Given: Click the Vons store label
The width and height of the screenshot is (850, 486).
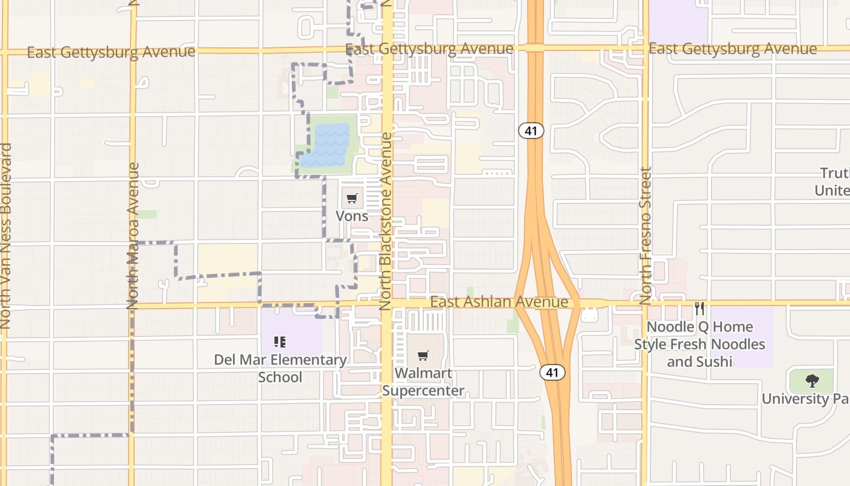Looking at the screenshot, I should [352, 216].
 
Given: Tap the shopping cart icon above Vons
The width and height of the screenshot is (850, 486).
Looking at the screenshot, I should [352, 198].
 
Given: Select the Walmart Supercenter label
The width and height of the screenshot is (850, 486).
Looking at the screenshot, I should [423, 382].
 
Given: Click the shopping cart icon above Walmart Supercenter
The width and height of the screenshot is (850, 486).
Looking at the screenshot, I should [423, 355].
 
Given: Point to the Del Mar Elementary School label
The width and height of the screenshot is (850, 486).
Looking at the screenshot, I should [280, 368].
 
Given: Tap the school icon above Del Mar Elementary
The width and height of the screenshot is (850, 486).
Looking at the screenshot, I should [280, 342].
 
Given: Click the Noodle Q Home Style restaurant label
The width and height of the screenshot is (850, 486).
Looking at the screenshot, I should [699, 344].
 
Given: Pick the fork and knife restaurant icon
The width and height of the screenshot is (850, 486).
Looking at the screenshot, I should [699, 309].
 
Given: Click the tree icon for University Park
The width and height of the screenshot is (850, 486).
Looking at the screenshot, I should [812, 381].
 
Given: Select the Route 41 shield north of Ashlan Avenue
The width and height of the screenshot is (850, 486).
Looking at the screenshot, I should [531, 131].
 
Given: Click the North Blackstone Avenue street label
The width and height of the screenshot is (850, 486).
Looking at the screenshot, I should [386, 222].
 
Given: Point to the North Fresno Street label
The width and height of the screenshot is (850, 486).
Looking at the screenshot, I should [645, 236].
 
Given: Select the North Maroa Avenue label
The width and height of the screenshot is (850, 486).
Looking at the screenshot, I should [134, 236].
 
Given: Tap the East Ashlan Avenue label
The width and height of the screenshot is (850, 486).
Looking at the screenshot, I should [499, 302].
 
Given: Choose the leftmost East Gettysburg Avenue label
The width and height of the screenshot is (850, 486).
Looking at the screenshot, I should [111, 52].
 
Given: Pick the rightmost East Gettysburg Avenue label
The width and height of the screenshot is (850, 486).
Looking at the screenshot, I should [732, 49].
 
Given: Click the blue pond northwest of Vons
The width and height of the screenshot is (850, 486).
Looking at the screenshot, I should [327, 146].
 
